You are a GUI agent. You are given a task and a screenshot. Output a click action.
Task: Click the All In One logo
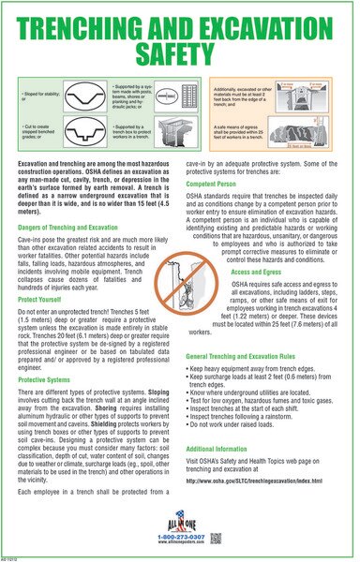click(179, 518)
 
